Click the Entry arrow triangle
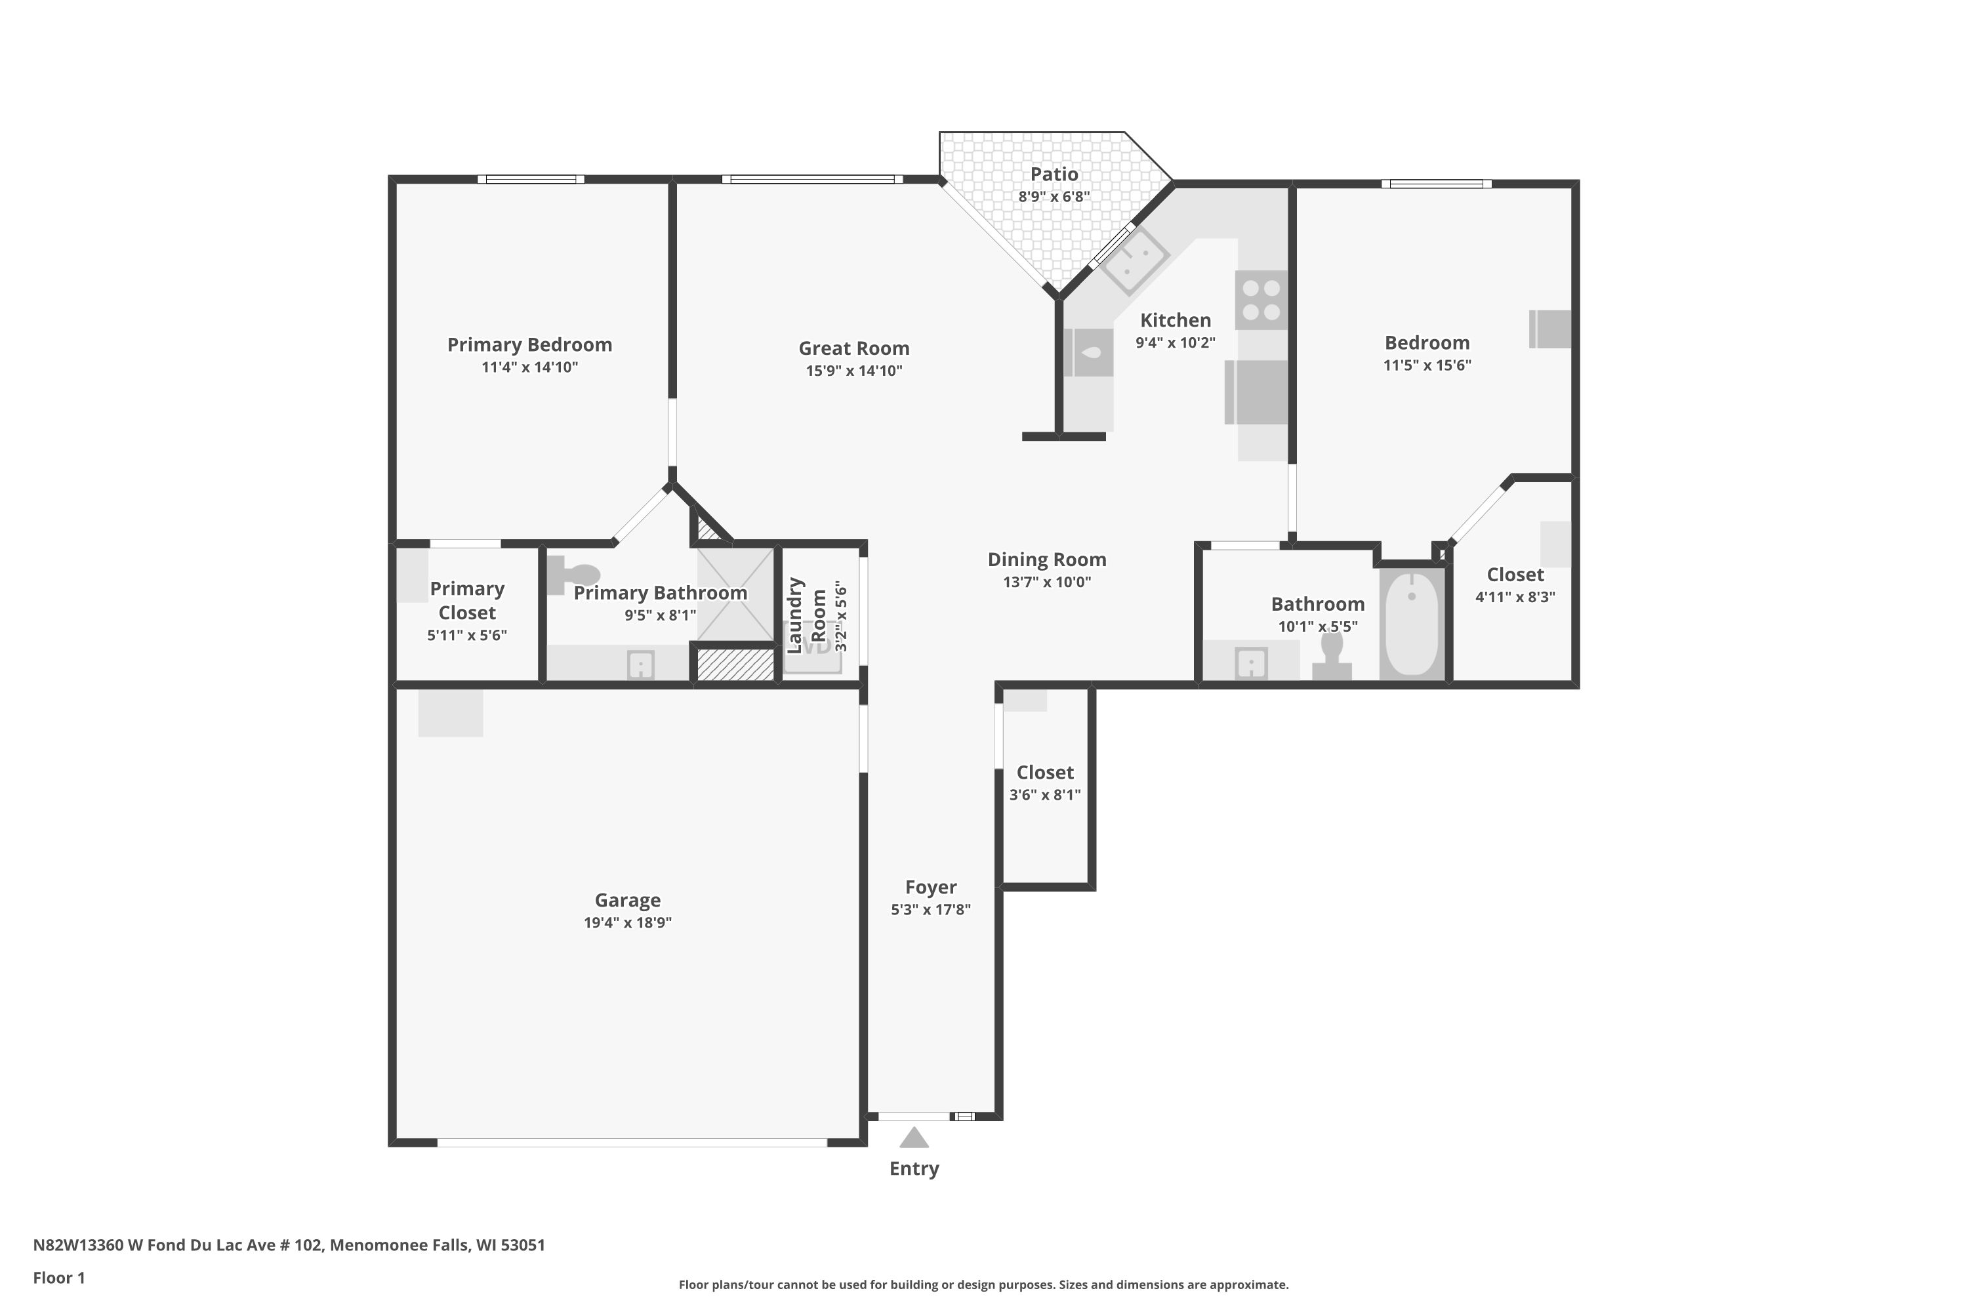(x=914, y=1138)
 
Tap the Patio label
(x=1054, y=174)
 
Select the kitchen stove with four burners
(x=1261, y=300)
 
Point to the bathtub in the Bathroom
(x=1412, y=623)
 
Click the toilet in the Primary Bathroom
(x=575, y=575)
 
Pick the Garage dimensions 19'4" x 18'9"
(x=628, y=922)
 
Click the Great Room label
(x=853, y=348)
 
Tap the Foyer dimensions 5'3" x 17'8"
(x=930, y=909)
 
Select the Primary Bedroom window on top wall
(x=531, y=179)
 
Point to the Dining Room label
(x=1047, y=560)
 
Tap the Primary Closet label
(x=467, y=601)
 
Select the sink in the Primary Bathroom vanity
(x=641, y=665)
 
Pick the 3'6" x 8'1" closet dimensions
(x=1044, y=795)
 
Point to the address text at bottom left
(x=289, y=1245)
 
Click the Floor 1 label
(x=58, y=1278)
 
